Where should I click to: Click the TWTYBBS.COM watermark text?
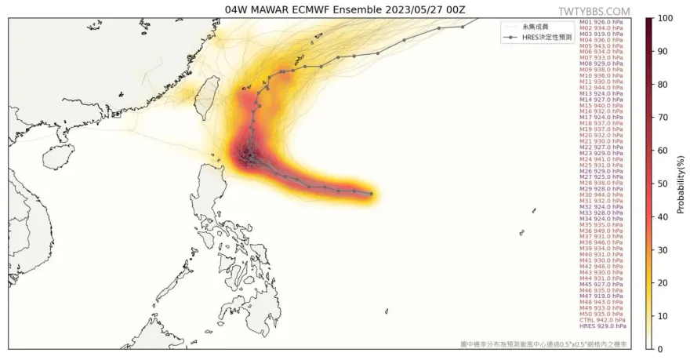[x=594, y=11]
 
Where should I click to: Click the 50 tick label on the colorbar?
[x=663, y=184]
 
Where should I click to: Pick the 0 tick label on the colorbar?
[x=660, y=349]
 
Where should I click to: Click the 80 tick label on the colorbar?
[x=663, y=84]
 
